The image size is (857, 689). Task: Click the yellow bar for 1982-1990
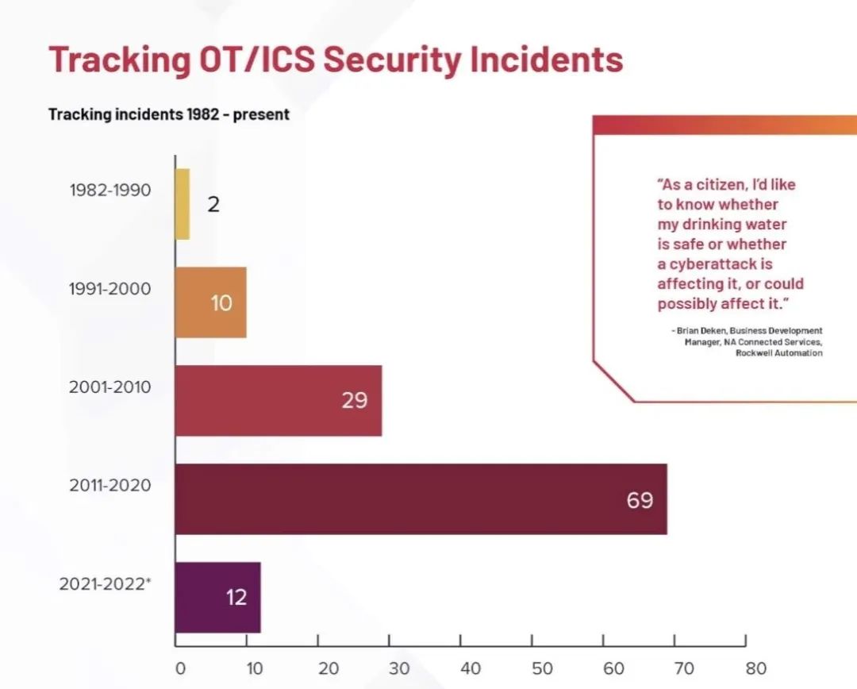pos(183,204)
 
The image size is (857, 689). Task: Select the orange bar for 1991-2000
pos(210,302)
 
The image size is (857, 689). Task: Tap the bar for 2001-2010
pos(278,400)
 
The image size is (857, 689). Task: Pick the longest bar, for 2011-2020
pos(421,499)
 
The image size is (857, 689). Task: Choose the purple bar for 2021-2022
pos(217,597)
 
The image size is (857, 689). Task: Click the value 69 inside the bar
pos(640,500)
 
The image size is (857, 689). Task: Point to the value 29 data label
pos(355,401)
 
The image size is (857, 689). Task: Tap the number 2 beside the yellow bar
pos(213,205)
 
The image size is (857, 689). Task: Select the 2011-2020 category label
pos(110,486)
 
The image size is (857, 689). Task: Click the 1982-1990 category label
pos(110,191)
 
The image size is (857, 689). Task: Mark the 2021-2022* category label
pos(106,584)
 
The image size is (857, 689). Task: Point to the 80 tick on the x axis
pos(755,668)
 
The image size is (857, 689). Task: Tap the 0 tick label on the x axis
pos(180,668)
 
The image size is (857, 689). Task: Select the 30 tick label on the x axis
pos(399,668)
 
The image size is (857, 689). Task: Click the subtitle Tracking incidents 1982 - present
pos(169,114)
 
